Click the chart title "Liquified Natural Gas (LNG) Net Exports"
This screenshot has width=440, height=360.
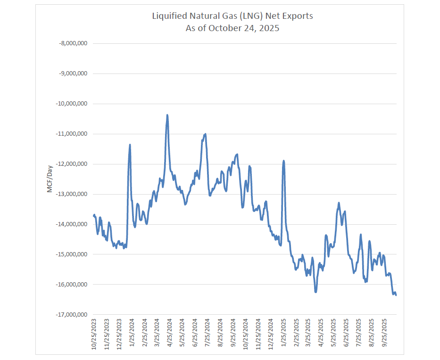click(x=232, y=16)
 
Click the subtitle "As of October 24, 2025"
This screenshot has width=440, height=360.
click(x=232, y=28)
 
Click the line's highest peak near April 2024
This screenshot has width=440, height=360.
click(x=167, y=115)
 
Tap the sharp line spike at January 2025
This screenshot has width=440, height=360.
click(x=283, y=161)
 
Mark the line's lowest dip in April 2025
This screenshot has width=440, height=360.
click(x=315, y=292)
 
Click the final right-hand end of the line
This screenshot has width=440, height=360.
click(x=396, y=295)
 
